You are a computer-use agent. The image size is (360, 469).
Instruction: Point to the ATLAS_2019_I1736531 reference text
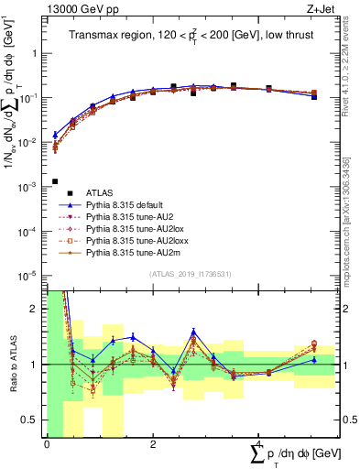[191, 275]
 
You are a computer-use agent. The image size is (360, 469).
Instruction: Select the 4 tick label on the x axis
[258, 444]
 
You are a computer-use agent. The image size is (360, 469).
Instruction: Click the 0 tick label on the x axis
[47, 444]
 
